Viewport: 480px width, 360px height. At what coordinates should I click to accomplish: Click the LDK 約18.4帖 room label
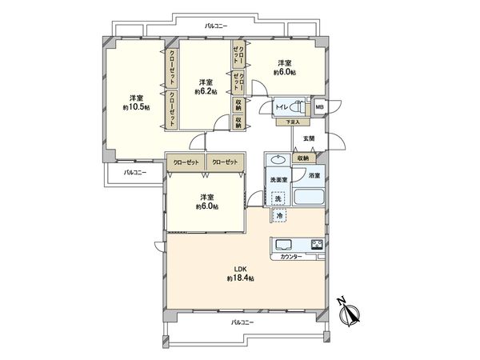pyautogui.click(x=239, y=274)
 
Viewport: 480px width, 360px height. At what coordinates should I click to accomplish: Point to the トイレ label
pyautogui.click(x=281, y=106)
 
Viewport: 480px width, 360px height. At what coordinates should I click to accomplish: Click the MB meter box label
pyautogui.click(x=319, y=106)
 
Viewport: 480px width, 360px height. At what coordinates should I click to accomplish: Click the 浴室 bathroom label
pyautogui.click(x=314, y=175)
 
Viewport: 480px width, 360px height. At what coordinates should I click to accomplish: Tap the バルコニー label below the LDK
pyautogui.click(x=243, y=322)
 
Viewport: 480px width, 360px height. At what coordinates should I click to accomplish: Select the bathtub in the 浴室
pyautogui.click(x=309, y=197)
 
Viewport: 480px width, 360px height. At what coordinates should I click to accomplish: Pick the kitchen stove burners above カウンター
pyautogui.click(x=317, y=244)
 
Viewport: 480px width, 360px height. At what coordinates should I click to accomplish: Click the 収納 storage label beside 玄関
pyautogui.click(x=301, y=158)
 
